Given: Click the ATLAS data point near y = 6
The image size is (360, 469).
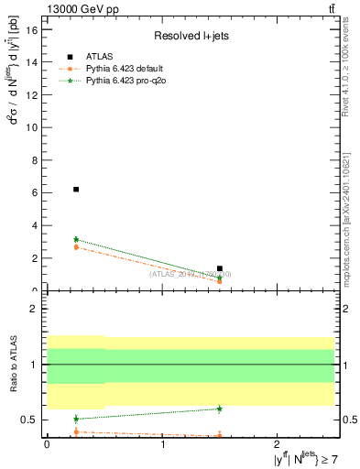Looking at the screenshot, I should [x=76, y=190].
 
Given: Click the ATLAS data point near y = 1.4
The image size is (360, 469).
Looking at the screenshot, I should [x=220, y=268].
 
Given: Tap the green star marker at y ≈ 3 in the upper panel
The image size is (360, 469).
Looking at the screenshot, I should [x=76, y=239].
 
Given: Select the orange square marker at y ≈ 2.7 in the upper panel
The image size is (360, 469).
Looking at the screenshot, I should [x=76, y=246].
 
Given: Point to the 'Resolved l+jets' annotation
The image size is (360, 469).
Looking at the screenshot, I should [x=190, y=36].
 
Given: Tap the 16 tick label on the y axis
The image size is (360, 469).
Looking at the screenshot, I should [x=32, y=29].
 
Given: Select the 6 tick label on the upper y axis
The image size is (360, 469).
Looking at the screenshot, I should [x=35, y=192].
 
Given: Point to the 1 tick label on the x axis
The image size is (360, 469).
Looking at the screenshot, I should [x=162, y=445].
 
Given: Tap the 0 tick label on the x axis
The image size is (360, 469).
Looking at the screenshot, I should [x=47, y=445].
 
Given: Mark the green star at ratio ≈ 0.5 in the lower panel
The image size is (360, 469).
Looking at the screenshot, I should [x=76, y=419].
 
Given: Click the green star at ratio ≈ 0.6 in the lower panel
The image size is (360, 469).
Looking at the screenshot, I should [x=220, y=409].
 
